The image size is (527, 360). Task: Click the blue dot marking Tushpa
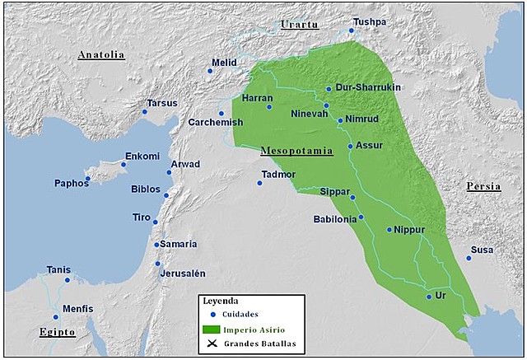(x=351, y=30)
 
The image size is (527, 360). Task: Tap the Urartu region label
(x=299, y=26)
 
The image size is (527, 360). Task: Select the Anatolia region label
(x=100, y=55)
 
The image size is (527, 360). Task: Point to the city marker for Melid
(x=210, y=71)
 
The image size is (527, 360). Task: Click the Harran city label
(x=257, y=98)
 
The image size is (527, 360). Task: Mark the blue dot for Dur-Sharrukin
(x=329, y=89)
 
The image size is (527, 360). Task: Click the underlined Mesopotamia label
(x=296, y=151)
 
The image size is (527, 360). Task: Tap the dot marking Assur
(x=350, y=147)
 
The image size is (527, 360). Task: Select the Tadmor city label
(x=277, y=174)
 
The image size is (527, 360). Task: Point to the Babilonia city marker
(x=361, y=217)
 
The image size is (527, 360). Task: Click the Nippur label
(x=408, y=230)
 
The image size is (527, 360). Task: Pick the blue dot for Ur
(x=429, y=297)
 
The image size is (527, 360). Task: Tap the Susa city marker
(x=469, y=258)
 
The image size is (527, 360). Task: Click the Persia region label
(x=483, y=186)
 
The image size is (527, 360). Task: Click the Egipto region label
(x=57, y=332)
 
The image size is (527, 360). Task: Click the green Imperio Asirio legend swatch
(x=213, y=329)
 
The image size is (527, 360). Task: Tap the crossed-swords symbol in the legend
(x=212, y=344)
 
